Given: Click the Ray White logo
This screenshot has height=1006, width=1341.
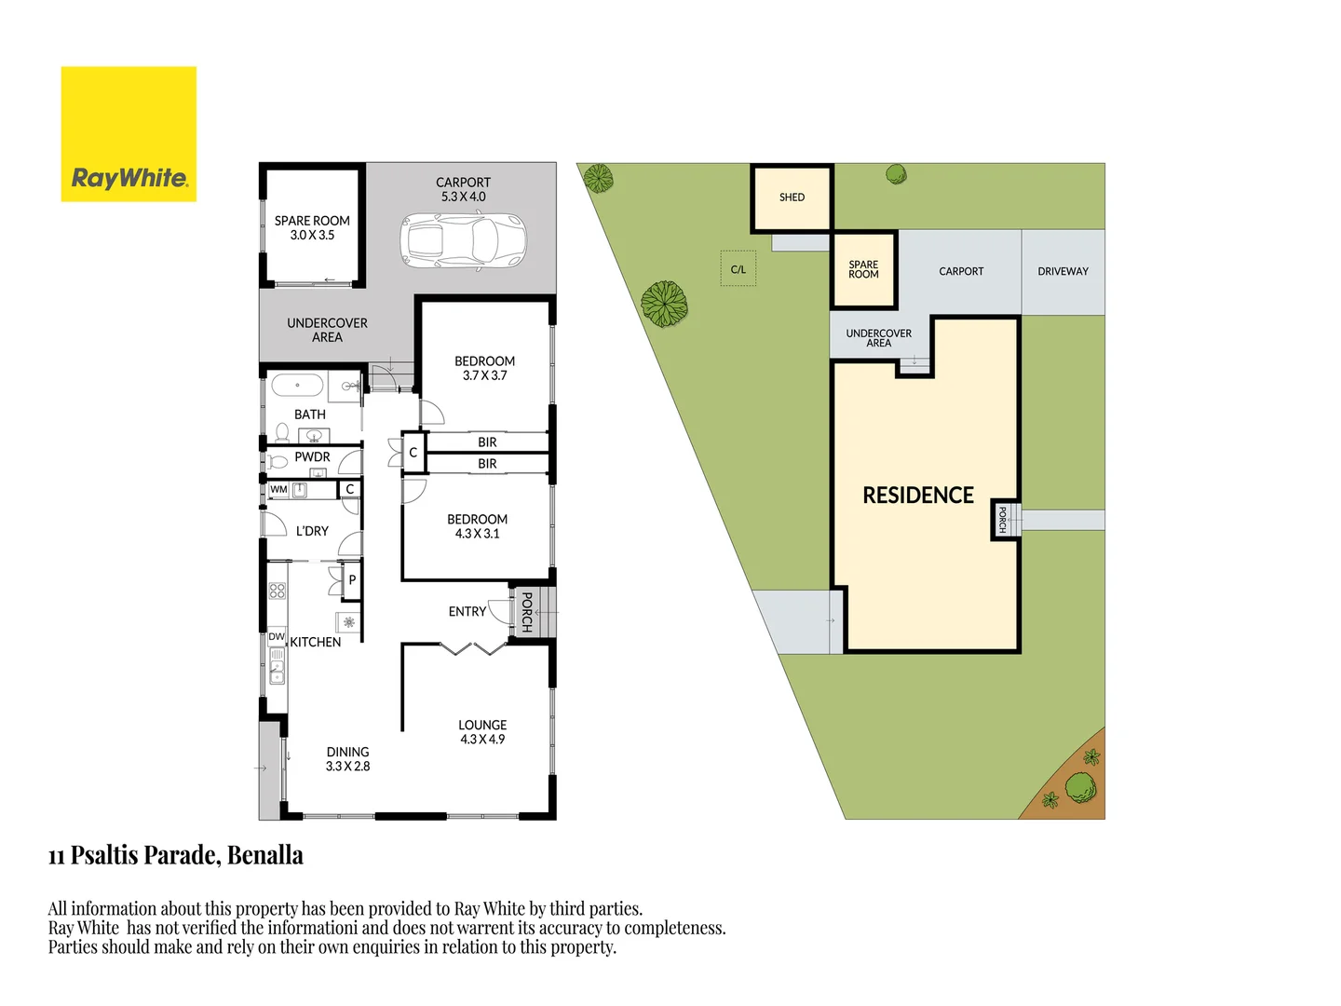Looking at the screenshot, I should tap(129, 134).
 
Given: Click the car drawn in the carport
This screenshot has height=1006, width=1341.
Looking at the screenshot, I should tap(463, 241).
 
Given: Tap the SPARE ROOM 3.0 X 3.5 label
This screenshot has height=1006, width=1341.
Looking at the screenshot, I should tap(312, 228).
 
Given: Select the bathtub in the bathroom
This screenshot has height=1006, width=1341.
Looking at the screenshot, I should tap(297, 385).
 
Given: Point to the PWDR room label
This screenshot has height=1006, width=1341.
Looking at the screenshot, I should tap(312, 457).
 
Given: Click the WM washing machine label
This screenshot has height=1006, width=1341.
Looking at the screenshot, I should tap(278, 490).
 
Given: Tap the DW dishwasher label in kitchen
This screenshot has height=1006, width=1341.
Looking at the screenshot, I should tap(277, 637).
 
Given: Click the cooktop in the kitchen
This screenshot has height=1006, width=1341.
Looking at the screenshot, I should tap(277, 591).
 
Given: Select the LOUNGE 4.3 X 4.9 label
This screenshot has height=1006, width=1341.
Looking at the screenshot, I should tap(482, 732).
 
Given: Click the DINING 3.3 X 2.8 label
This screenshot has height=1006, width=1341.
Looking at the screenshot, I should tap(347, 759).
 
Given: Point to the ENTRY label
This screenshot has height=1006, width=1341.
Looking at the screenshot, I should tap(467, 612).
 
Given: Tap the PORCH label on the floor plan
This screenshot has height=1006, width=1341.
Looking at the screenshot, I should tap(527, 612).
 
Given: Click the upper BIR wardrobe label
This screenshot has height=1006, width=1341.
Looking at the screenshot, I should tap(487, 442).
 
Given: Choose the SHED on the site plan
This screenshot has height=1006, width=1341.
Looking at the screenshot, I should tap(792, 197).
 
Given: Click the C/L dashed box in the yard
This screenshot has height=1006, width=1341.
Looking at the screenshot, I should tap(738, 269).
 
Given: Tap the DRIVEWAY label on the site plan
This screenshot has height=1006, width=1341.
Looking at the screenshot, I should tap(1063, 272).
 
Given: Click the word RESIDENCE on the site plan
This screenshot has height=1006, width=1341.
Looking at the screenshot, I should tap(918, 496).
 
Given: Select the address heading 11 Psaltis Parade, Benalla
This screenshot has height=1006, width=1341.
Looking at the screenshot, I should tap(176, 855).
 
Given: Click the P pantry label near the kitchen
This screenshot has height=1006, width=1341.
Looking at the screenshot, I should tap(352, 580).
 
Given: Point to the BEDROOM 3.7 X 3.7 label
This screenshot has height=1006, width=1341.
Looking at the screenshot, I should tap(484, 368).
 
